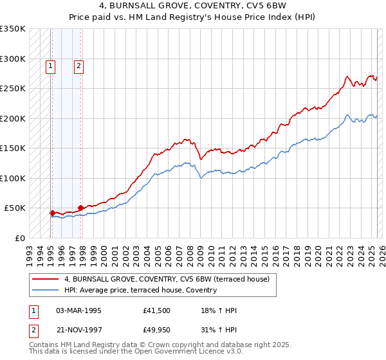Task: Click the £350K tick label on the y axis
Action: [x=13, y=29]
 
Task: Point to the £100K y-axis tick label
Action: [x=13, y=178]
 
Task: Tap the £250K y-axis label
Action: [x=13, y=89]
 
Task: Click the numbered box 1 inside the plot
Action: [x=50, y=65]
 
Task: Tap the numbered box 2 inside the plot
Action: [x=78, y=65]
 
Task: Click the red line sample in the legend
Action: [x=45, y=279]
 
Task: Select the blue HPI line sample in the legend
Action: [x=45, y=290]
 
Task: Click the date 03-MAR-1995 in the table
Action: [x=78, y=311]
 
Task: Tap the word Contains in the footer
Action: [x=45, y=346]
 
